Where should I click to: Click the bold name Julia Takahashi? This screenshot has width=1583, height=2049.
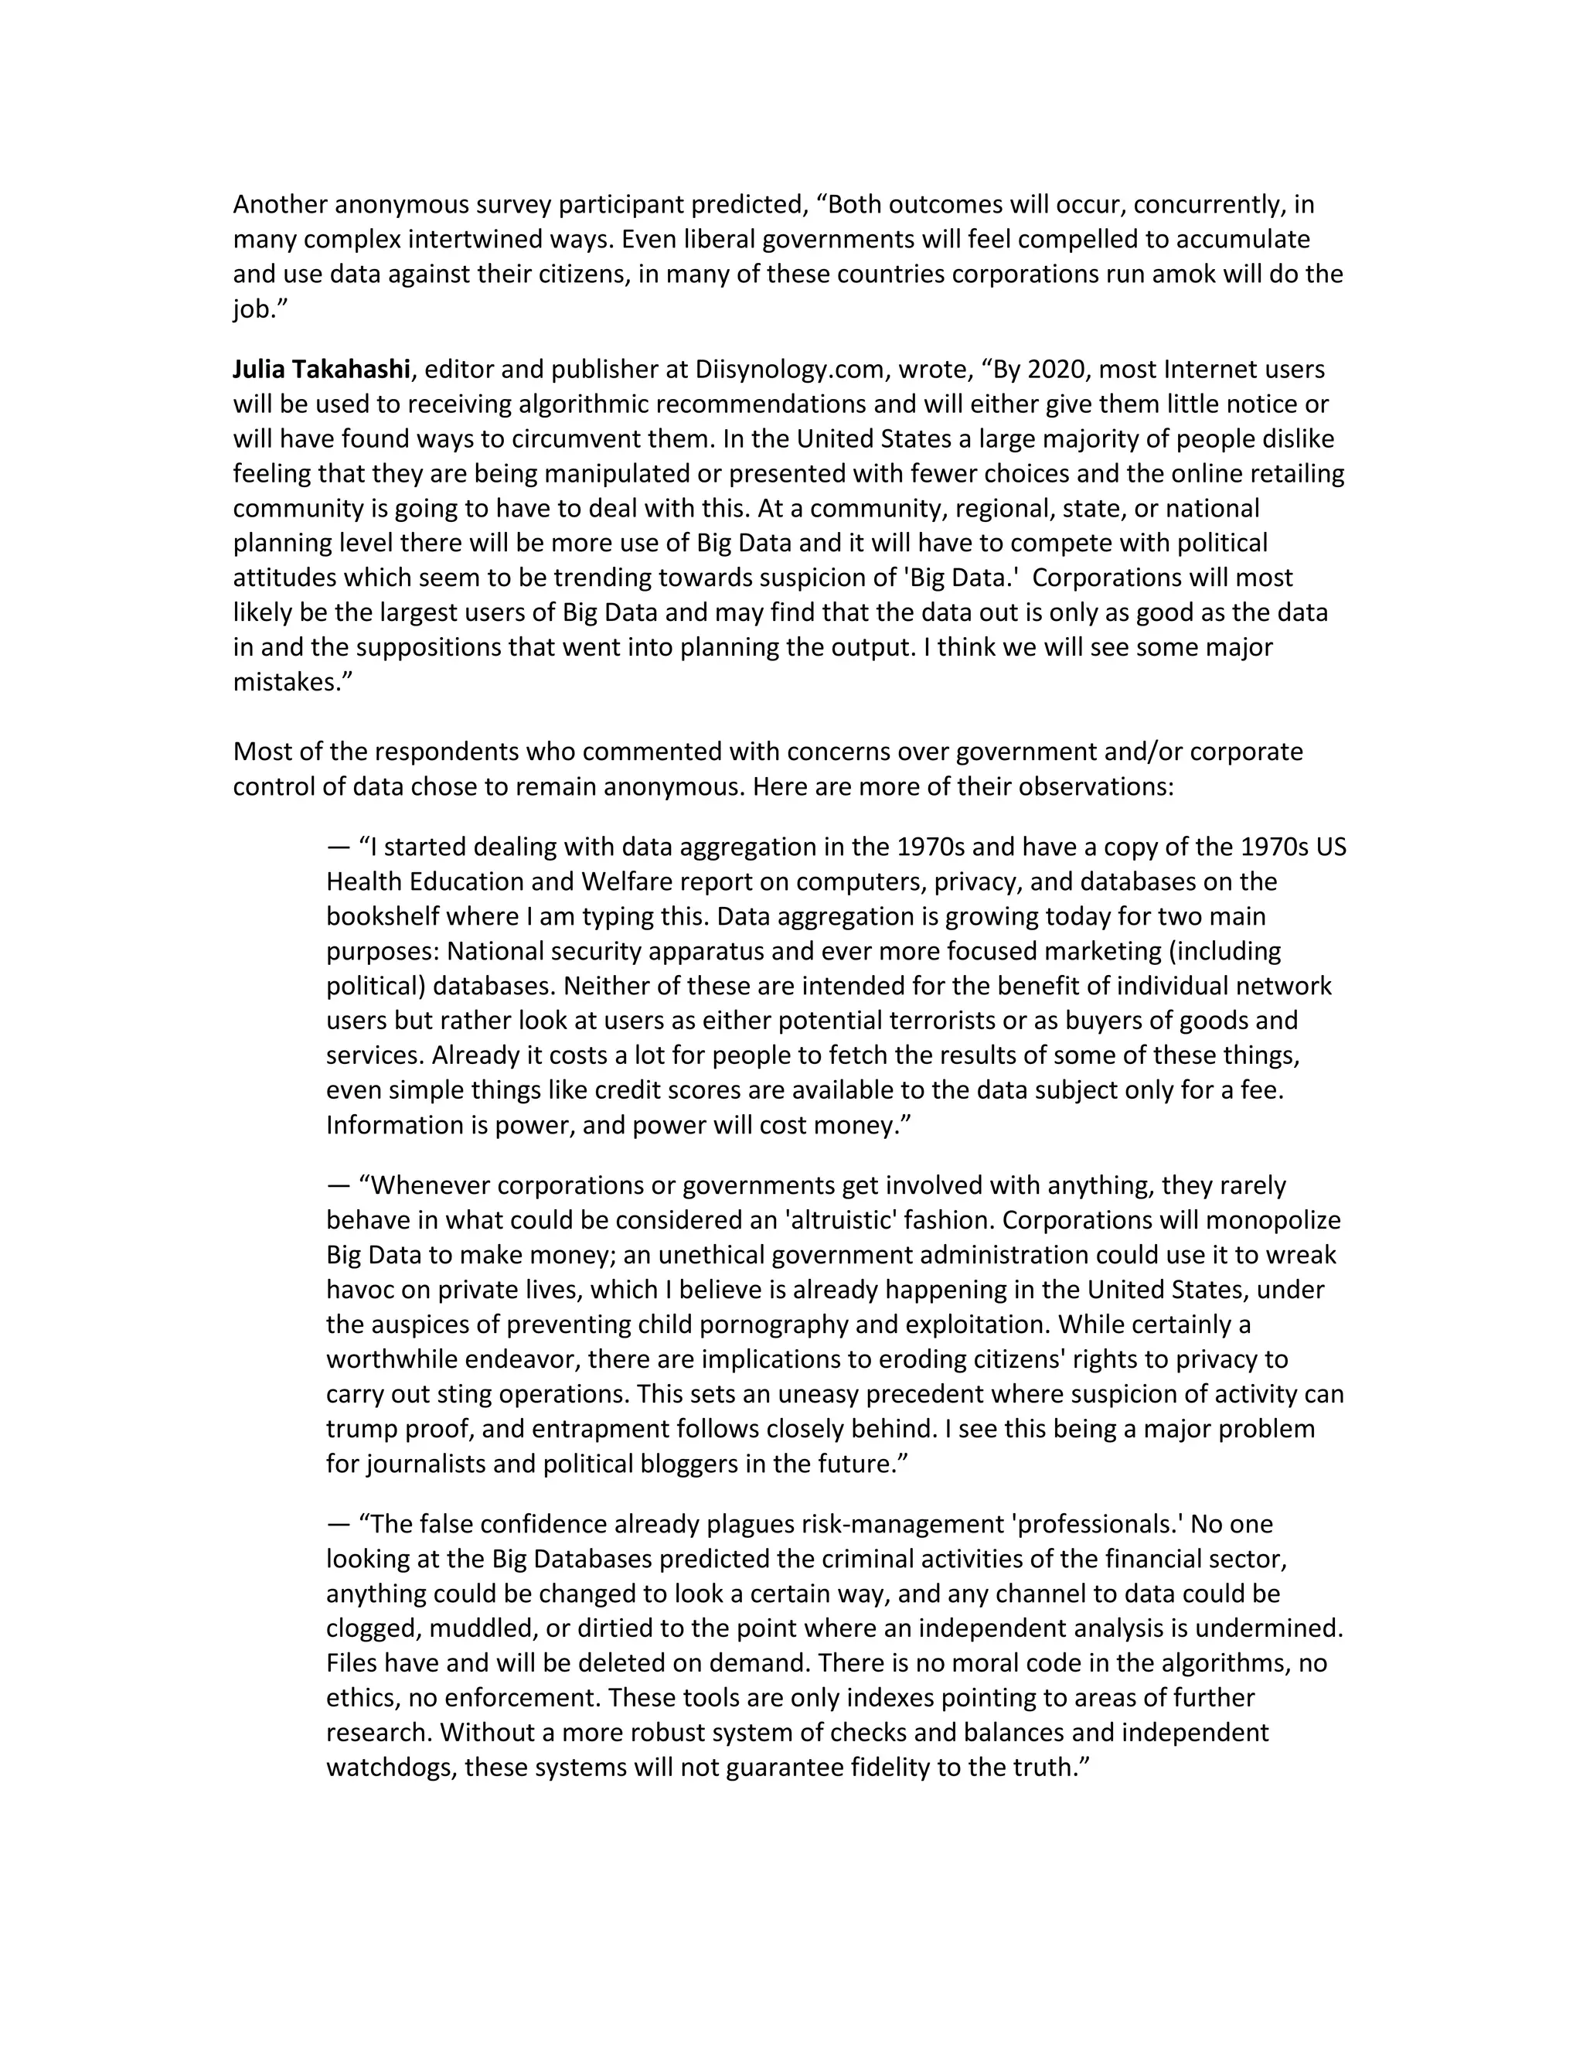(322, 370)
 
